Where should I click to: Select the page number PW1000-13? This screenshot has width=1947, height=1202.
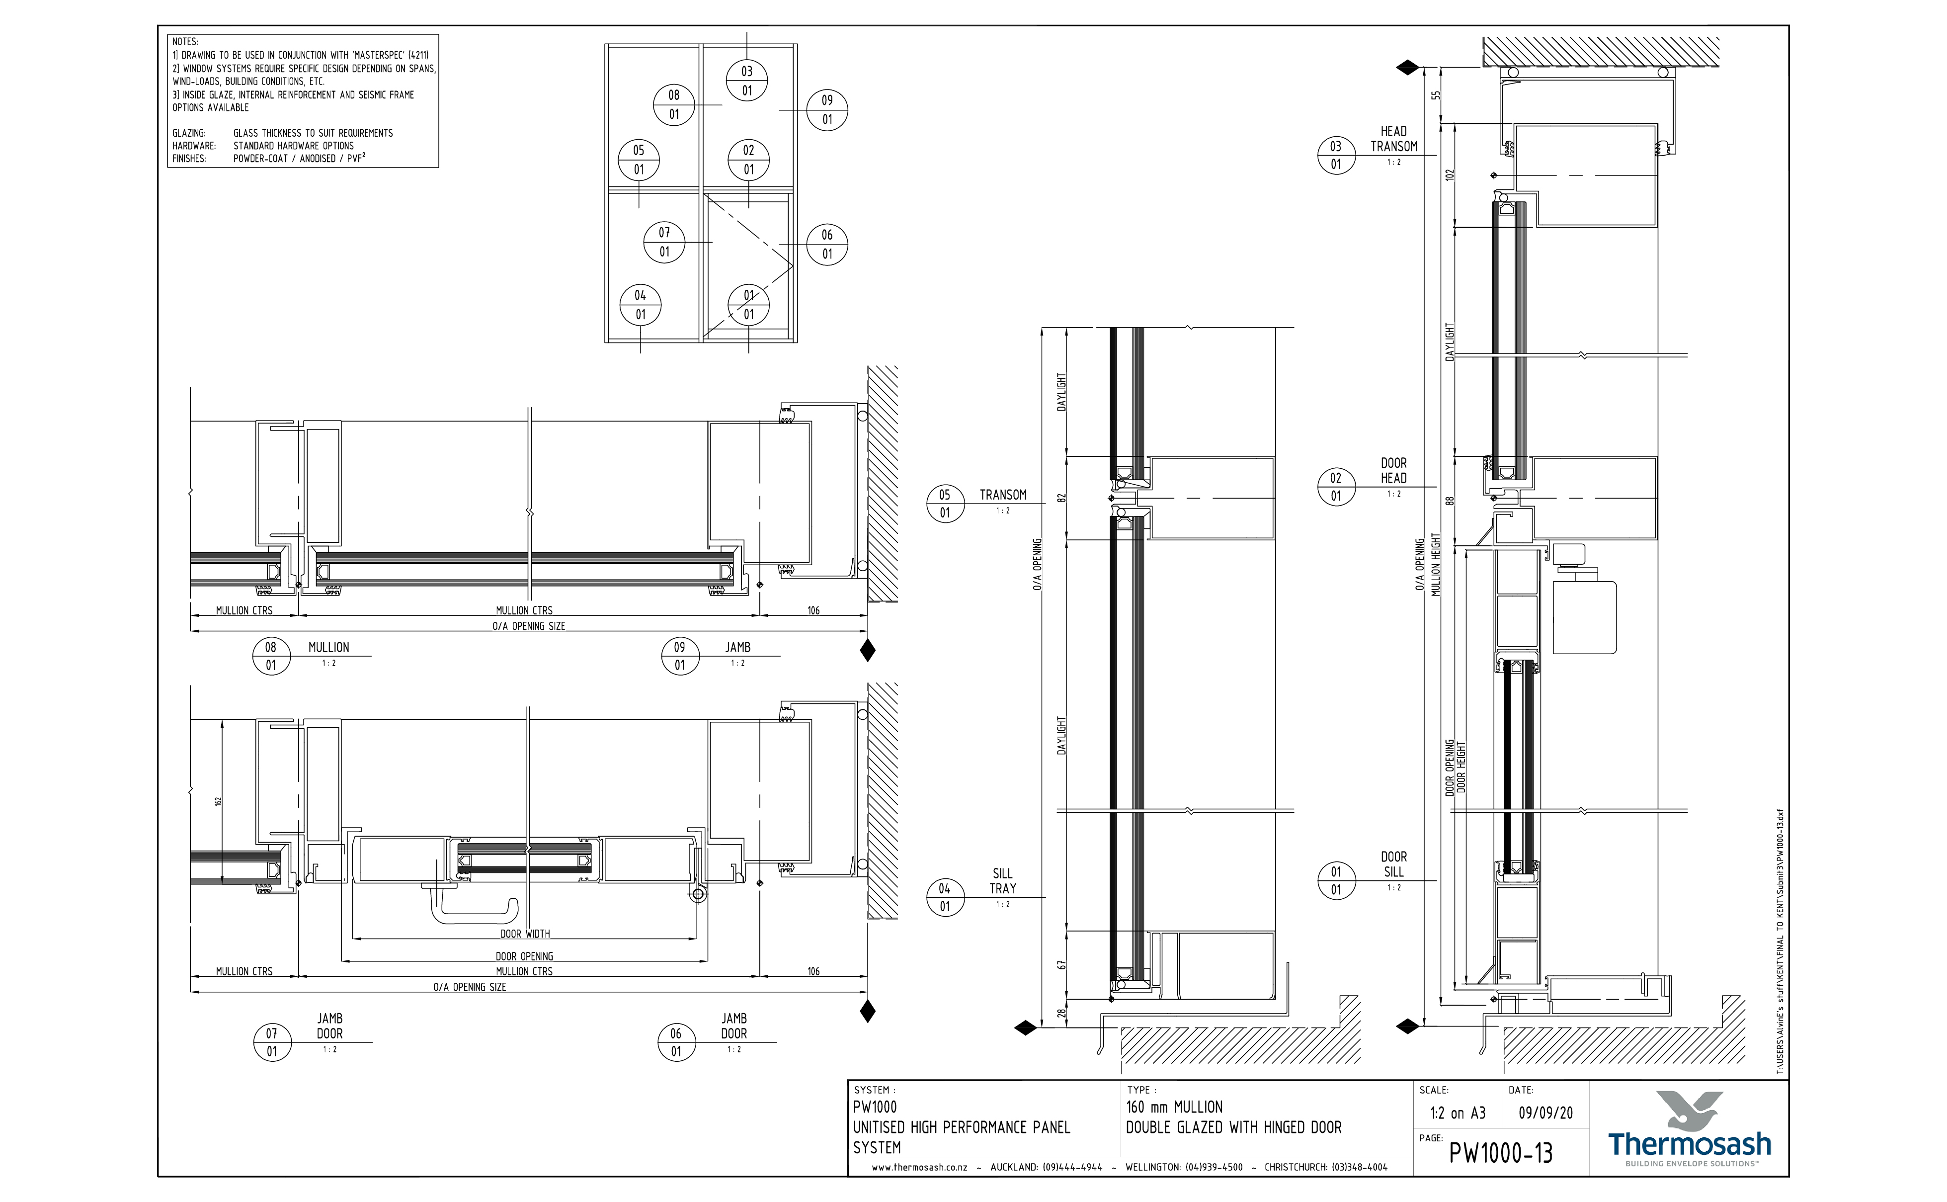tap(1500, 1153)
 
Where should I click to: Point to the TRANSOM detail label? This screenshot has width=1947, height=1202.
tap(1002, 495)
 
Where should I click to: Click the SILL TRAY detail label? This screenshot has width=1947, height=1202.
tap(1002, 881)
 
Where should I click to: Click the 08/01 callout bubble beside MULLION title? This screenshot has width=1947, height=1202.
tap(271, 656)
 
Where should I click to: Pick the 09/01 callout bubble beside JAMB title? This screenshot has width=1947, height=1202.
tap(679, 656)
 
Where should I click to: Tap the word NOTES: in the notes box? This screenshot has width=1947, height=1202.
tap(185, 41)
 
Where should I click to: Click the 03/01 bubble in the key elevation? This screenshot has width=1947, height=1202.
tap(747, 81)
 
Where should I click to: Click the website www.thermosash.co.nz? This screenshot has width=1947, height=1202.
tap(919, 1167)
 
